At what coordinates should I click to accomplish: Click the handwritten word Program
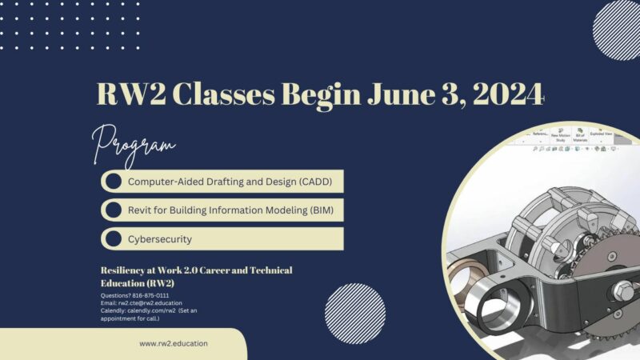(x=134, y=144)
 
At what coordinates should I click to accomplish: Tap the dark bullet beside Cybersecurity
(x=114, y=238)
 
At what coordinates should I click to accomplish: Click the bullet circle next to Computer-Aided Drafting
(x=114, y=181)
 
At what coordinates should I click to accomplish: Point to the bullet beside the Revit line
(x=114, y=210)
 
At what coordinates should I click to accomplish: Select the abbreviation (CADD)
(x=314, y=181)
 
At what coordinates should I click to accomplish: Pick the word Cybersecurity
(x=160, y=238)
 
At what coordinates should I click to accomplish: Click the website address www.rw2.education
(x=174, y=343)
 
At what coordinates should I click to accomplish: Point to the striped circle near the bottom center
(x=355, y=314)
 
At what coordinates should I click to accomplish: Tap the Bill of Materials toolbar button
(x=580, y=137)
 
